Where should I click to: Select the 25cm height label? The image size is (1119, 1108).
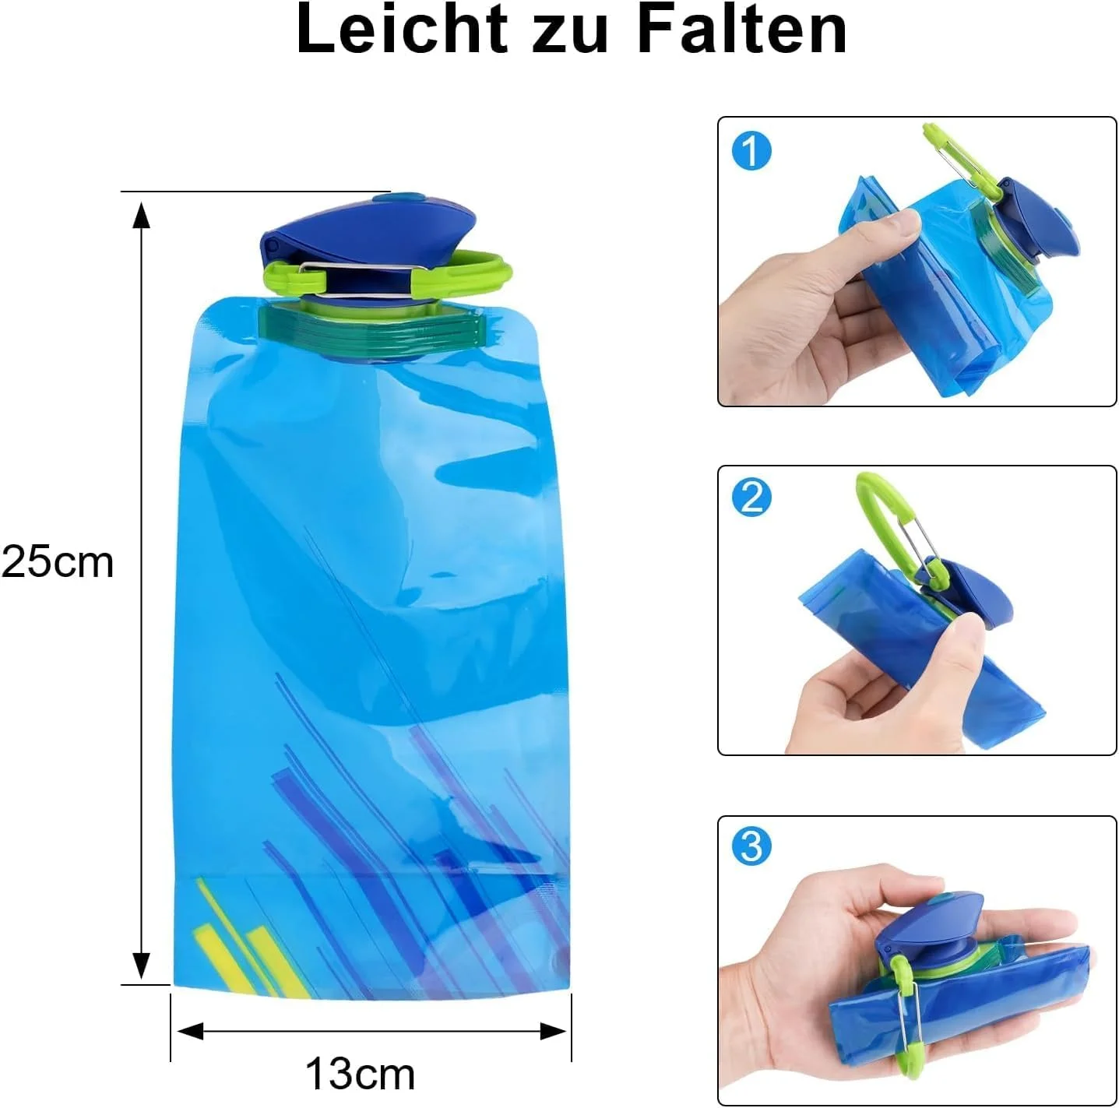point(58,562)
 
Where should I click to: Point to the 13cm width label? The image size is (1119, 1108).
point(360,1074)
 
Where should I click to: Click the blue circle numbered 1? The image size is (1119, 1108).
point(751,152)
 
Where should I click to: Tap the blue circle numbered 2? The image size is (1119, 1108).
point(751,497)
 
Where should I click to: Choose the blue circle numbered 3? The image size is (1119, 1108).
point(751,846)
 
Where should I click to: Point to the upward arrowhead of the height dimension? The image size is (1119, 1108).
point(141,216)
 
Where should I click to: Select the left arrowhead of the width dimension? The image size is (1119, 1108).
point(191,1032)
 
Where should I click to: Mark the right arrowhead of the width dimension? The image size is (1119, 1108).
point(552,1032)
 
